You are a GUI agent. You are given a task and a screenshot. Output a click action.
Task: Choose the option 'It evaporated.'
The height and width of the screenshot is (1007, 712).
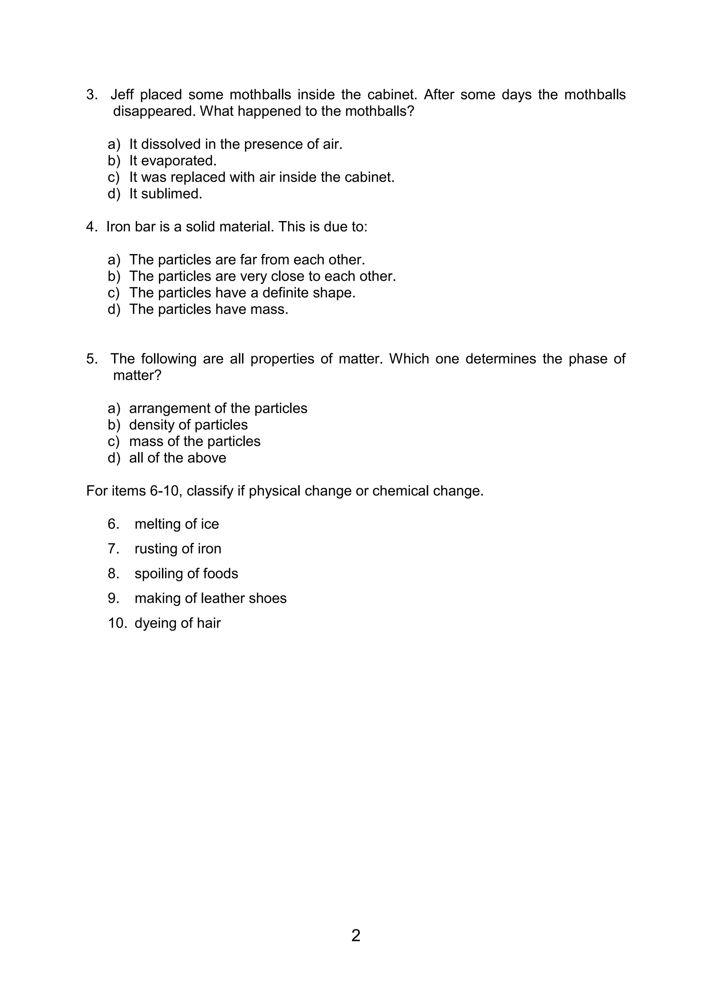click(173, 161)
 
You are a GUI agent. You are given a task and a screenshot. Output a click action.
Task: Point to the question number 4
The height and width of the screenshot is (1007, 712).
click(91, 227)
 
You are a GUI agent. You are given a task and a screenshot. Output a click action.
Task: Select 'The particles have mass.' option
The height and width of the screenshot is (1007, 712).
click(209, 309)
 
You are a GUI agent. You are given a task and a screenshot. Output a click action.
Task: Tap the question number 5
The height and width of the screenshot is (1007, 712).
click(91, 359)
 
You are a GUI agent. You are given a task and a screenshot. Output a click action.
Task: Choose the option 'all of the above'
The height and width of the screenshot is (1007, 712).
click(178, 458)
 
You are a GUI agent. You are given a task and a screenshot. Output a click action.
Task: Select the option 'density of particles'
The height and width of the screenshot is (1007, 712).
click(188, 425)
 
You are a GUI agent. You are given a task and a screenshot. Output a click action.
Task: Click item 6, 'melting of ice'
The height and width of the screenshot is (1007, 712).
click(176, 524)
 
